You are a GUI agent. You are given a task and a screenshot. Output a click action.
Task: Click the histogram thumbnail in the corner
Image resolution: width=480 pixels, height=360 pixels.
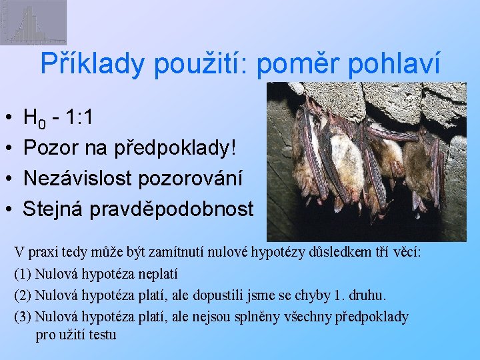point(33,23)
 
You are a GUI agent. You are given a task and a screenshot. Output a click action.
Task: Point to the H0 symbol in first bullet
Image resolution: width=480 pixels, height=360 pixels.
point(34,119)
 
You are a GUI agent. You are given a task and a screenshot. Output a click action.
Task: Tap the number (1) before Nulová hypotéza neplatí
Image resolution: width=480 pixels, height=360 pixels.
point(23,273)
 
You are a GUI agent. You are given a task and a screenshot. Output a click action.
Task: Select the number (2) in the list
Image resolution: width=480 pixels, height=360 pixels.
point(23,295)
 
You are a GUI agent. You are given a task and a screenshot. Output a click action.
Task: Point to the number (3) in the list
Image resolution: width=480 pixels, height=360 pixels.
point(23,316)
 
